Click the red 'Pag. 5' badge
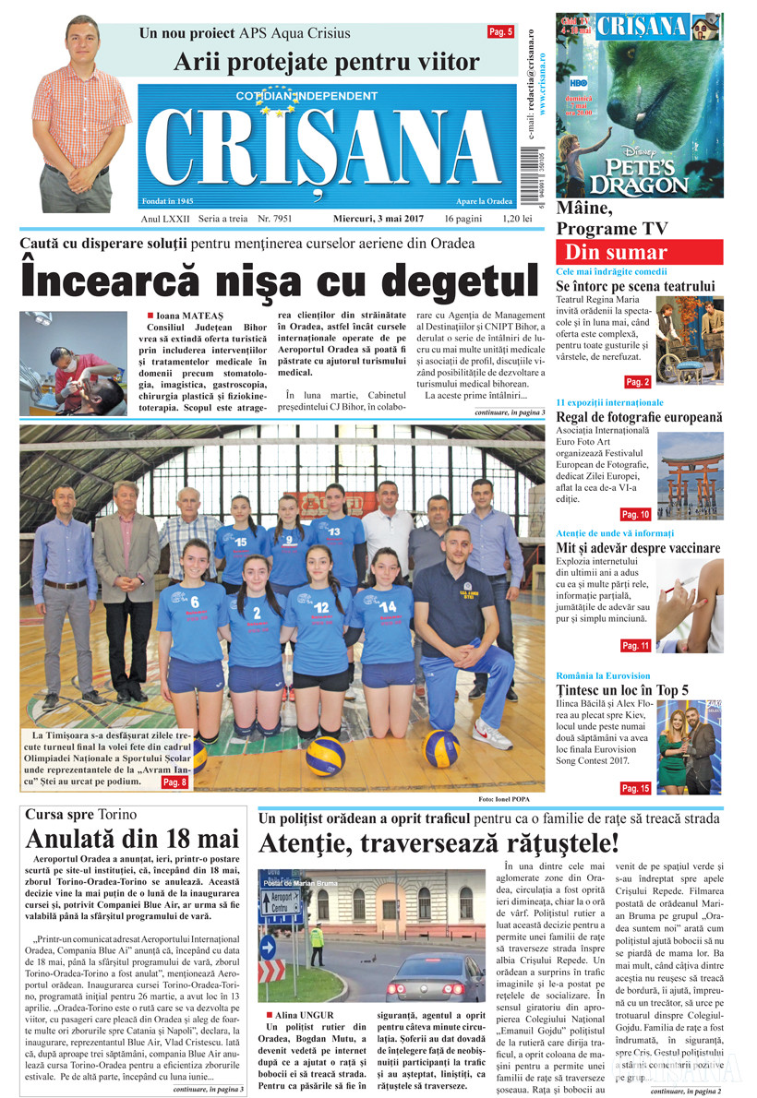click(500, 32)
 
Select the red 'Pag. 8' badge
click(174, 782)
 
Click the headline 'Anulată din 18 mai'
click(131, 839)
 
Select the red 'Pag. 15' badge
click(635, 788)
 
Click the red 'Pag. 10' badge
click(635, 514)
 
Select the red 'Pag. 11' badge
click(635, 646)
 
